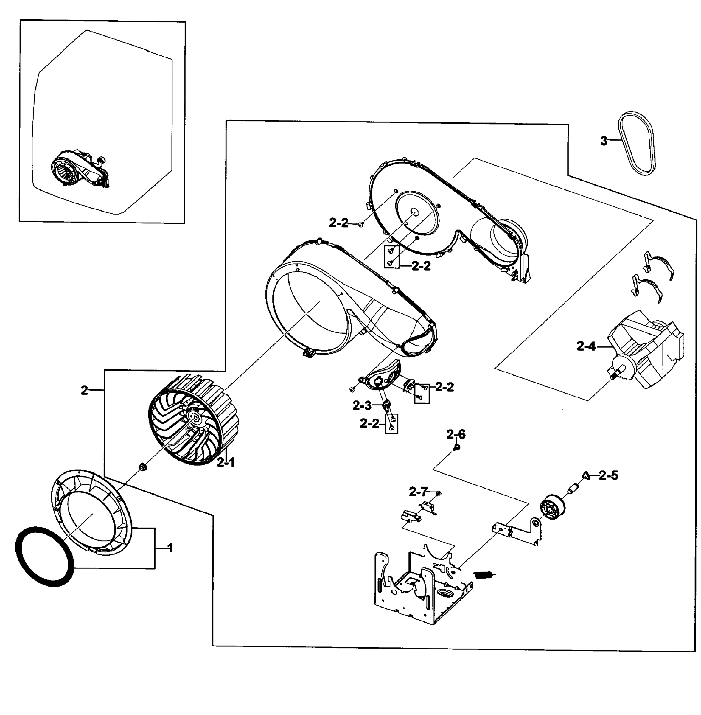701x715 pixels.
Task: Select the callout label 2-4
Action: coord(585,346)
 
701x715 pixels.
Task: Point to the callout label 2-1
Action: coord(225,463)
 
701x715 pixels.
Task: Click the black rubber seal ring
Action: coord(44,557)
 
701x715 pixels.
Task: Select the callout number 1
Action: coord(170,548)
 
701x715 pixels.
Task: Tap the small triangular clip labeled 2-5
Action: coord(586,476)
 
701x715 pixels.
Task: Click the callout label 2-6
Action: coord(456,434)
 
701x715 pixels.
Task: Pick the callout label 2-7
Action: coord(418,492)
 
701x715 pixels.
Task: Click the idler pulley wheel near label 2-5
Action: coord(552,507)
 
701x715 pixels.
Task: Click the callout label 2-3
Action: coord(362,406)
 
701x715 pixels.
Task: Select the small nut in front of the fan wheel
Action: coord(141,467)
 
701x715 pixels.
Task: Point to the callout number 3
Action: coord(604,141)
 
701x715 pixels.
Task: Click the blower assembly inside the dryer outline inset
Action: coord(79,169)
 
